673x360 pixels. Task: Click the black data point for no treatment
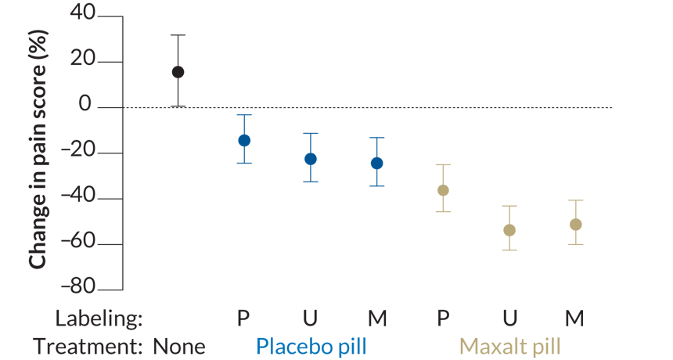click(178, 72)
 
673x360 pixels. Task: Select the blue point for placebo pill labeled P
click(244, 141)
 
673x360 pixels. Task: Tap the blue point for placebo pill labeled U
click(311, 159)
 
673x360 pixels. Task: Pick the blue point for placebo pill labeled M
click(377, 164)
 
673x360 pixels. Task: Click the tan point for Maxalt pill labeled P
click(443, 190)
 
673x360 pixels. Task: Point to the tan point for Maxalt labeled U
click(509, 230)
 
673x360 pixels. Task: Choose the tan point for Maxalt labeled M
click(576, 225)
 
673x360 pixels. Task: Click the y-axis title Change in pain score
click(37, 149)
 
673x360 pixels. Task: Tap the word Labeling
click(99, 319)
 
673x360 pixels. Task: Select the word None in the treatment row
click(179, 346)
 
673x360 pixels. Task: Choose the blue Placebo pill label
click(311, 346)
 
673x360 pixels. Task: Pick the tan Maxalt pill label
click(509, 346)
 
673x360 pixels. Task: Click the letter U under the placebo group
click(311, 319)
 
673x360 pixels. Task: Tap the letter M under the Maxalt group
click(576, 319)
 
